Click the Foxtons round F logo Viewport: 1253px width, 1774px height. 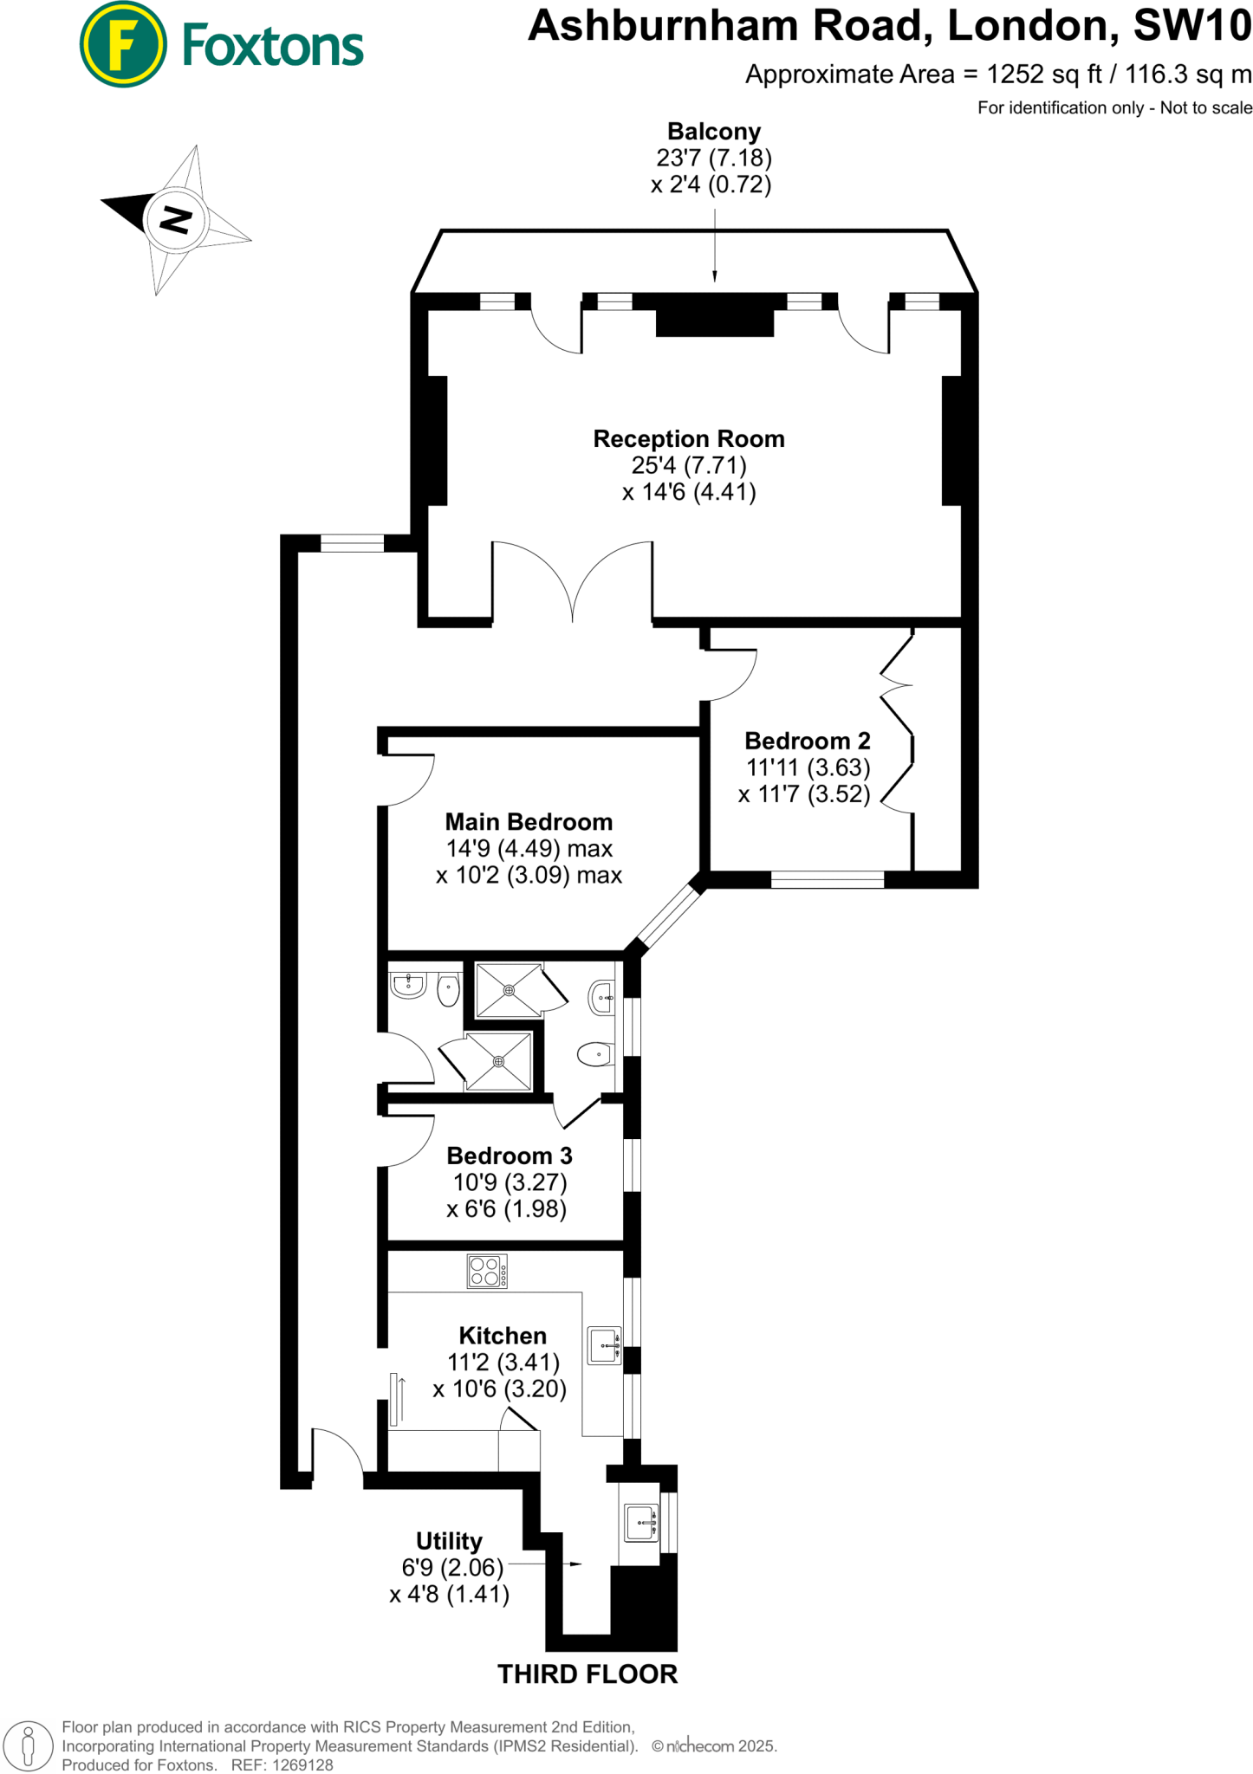pos(123,44)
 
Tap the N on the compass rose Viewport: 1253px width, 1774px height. pos(176,219)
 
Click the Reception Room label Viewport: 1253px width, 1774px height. pos(689,439)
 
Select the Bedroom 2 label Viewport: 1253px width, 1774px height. pos(808,741)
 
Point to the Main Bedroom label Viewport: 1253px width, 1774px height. pos(529,822)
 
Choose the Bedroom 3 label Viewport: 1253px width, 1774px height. pos(510,1156)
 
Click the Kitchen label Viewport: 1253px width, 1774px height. pos(503,1336)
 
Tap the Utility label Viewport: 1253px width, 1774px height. pos(449,1541)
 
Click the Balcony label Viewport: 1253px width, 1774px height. pos(714,132)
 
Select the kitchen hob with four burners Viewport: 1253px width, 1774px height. pos(487,1272)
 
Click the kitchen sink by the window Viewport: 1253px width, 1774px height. pos(605,1345)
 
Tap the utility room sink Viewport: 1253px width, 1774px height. pos(642,1523)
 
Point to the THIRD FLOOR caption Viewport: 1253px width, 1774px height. pos(588,1674)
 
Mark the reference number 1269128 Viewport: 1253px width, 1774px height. pos(303,1765)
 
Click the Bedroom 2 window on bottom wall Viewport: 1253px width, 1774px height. pos(828,880)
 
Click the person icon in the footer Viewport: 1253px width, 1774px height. pos(29,1745)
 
